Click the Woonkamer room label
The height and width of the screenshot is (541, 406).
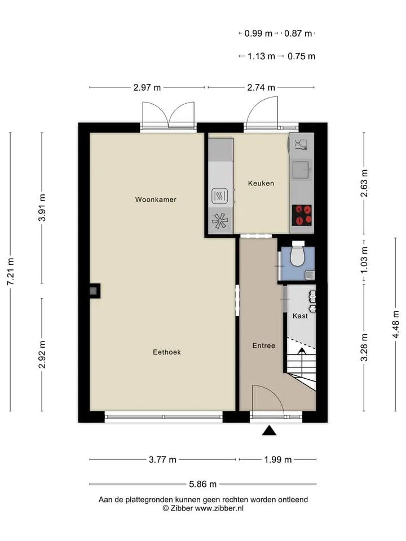[x=156, y=199]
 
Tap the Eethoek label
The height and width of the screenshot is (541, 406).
[x=167, y=352]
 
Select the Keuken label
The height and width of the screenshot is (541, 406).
[x=261, y=183]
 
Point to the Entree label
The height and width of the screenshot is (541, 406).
[x=264, y=345]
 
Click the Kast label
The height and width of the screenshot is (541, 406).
[x=300, y=316]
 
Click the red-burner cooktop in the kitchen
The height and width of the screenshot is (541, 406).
[x=302, y=215]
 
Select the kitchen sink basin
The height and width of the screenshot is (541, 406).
[x=301, y=170]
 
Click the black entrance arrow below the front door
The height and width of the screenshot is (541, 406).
[x=269, y=431]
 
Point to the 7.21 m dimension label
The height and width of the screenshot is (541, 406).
[x=10, y=272]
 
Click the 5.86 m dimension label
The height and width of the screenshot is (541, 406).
[x=202, y=484]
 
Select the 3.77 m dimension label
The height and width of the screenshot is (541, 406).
[x=162, y=460]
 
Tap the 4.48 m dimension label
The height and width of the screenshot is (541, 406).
[x=396, y=325]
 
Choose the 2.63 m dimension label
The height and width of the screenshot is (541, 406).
[x=364, y=183]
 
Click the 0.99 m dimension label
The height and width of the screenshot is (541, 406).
[x=258, y=33]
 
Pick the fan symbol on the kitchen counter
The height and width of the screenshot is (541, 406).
[x=220, y=221]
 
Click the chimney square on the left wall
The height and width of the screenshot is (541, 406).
[x=93, y=291]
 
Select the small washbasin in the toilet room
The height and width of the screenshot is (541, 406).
[x=310, y=274]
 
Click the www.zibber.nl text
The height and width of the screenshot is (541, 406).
[x=219, y=508]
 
